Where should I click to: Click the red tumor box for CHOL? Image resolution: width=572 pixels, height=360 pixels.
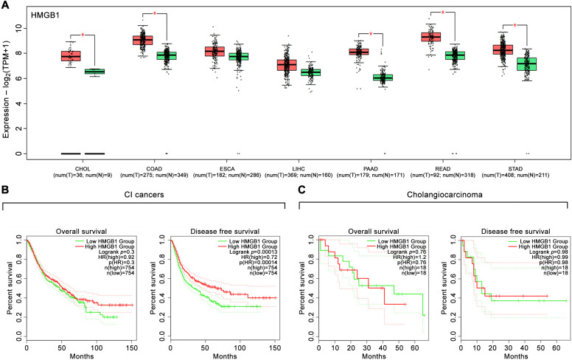pos(71,56)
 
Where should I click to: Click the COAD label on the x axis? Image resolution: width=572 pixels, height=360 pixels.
pos(160,167)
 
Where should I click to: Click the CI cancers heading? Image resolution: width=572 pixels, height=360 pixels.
pos(142,195)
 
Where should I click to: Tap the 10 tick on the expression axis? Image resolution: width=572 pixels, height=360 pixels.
pos(22,28)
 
